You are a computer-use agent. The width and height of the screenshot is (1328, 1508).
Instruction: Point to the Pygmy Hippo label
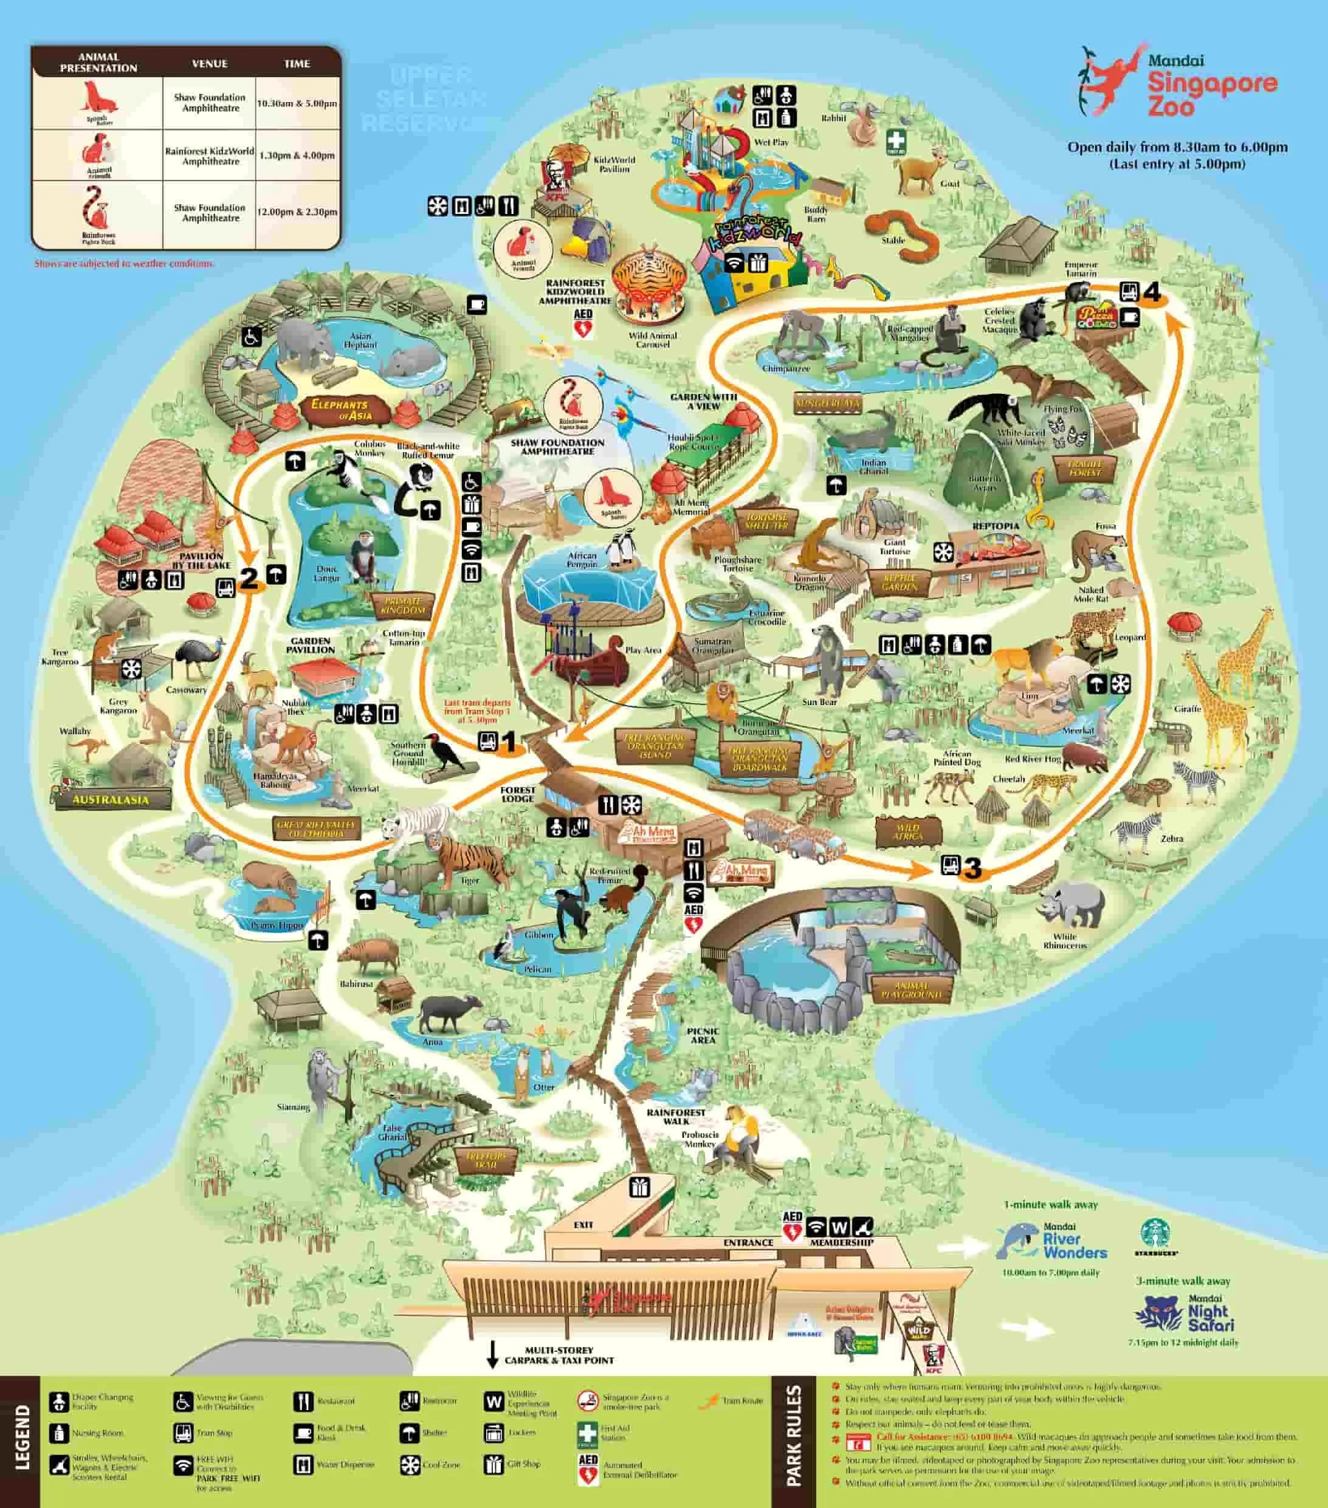277,925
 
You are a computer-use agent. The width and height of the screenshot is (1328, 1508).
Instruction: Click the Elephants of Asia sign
341,410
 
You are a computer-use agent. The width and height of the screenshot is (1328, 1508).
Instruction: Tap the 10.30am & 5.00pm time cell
297,103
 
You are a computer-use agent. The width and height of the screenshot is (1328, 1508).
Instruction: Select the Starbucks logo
1155,1236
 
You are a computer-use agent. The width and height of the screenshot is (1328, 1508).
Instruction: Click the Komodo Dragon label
810,583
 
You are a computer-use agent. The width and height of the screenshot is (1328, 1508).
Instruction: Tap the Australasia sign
111,800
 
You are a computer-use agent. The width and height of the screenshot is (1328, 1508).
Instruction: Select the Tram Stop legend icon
183,1433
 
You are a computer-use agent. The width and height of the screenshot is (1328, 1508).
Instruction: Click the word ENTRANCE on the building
748,1242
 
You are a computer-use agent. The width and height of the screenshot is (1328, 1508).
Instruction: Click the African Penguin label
582,560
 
